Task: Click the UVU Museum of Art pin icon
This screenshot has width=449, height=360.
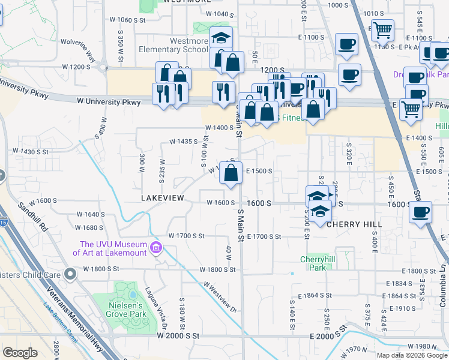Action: (156, 247)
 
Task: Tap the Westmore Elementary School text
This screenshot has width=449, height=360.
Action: (173, 46)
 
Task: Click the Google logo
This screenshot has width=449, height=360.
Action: (20, 352)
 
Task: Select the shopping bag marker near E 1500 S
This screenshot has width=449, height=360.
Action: (231, 173)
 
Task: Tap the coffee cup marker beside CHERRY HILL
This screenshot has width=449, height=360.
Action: (421, 211)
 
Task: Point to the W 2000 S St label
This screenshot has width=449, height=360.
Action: (178, 336)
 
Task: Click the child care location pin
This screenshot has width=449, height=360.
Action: (70, 275)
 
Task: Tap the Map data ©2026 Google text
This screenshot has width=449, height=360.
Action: (412, 355)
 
